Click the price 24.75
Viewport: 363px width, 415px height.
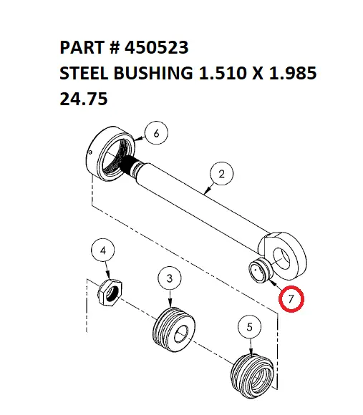(x=83, y=99)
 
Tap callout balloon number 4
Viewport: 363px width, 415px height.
(x=105, y=251)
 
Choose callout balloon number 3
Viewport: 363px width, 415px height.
(x=170, y=278)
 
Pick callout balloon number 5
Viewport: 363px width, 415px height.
(x=249, y=328)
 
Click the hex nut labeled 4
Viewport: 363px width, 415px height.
(x=109, y=291)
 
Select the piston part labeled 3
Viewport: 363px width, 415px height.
(x=174, y=330)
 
